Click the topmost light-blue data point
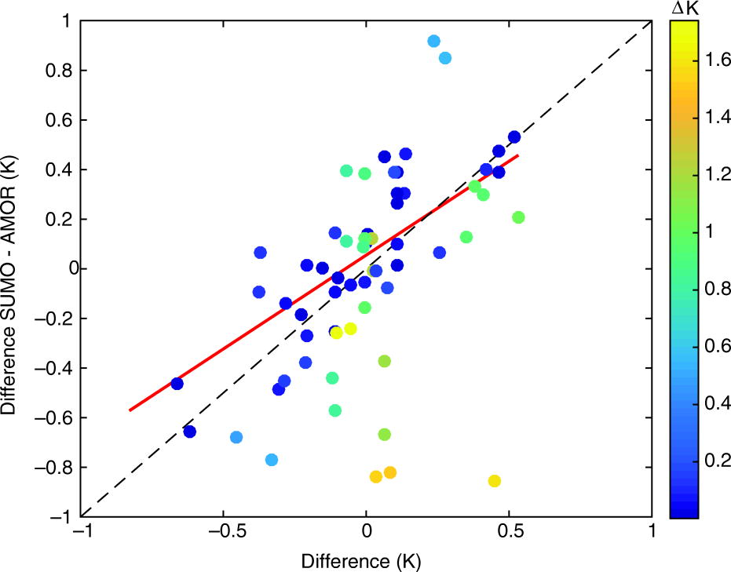(x=433, y=41)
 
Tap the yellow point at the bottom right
(x=495, y=481)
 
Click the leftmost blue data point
(x=177, y=384)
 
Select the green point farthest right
(x=518, y=217)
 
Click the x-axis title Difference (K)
(x=366, y=560)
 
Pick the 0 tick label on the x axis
(x=366, y=533)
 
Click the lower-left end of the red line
(x=130, y=410)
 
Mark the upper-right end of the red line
(x=518, y=155)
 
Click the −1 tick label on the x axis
(x=79, y=533)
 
